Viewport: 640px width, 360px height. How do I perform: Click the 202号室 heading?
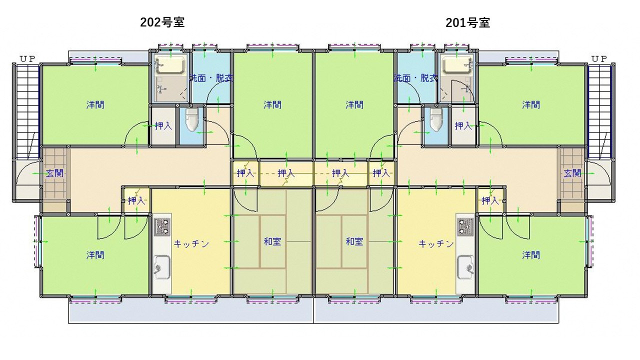click(162, 22)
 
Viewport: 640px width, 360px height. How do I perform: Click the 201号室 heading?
click(467, 23)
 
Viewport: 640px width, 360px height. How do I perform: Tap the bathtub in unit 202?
click(171, 64)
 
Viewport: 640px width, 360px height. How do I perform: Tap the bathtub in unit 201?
click(456, 64)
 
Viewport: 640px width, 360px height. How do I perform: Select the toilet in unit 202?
click(191, 119)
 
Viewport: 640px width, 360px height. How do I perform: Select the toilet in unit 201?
click(436, 119)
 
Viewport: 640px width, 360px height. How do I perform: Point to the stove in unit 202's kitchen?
click(162, 226)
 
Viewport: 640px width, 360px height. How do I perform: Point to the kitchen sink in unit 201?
click(465, 267)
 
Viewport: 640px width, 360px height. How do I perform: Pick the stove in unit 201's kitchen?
click(465, 226)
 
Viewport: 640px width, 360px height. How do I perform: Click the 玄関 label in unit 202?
click(54, 173)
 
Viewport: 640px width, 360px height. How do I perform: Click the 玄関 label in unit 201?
click(572, 173)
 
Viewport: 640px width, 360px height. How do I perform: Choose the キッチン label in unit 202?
click(191, 243)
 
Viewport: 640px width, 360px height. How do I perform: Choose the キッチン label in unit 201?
click(436, 243)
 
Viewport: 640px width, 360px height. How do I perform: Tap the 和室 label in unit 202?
click(272, 241)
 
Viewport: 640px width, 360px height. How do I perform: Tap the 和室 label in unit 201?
click(354, 241)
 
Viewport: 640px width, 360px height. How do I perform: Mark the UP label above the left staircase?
click(27, 59)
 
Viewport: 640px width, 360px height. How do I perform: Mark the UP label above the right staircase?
click(599, 59)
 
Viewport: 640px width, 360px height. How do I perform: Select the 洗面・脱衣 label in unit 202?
click(211, 78)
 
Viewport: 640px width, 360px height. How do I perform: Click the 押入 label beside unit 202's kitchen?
click(136, 200)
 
